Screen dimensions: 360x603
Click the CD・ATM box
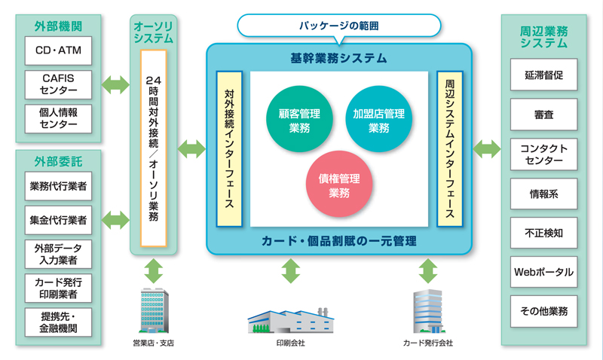coord(58,51)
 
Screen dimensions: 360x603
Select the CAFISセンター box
coord(58,84)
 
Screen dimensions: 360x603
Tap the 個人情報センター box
coord(58,118)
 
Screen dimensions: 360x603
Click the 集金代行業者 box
coord(58,220)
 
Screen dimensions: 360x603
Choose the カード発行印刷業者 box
coord(58,288)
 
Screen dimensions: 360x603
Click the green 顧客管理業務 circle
coord(298,120)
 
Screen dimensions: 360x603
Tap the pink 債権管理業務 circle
coord(339,185)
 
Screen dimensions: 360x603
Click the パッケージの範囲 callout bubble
coord(338,26)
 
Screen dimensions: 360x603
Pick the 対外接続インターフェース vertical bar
coord(228,148)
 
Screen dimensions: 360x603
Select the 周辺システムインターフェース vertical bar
coord(449,148)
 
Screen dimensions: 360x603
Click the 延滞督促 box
coord(543,75)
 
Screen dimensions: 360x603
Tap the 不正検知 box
coord(543,233)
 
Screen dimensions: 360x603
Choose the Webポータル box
coord(543,272)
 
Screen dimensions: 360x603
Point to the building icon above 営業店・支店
coord(153,310)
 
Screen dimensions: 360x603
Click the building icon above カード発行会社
coord(428,311)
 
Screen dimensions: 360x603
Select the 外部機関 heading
coord(58,26)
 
